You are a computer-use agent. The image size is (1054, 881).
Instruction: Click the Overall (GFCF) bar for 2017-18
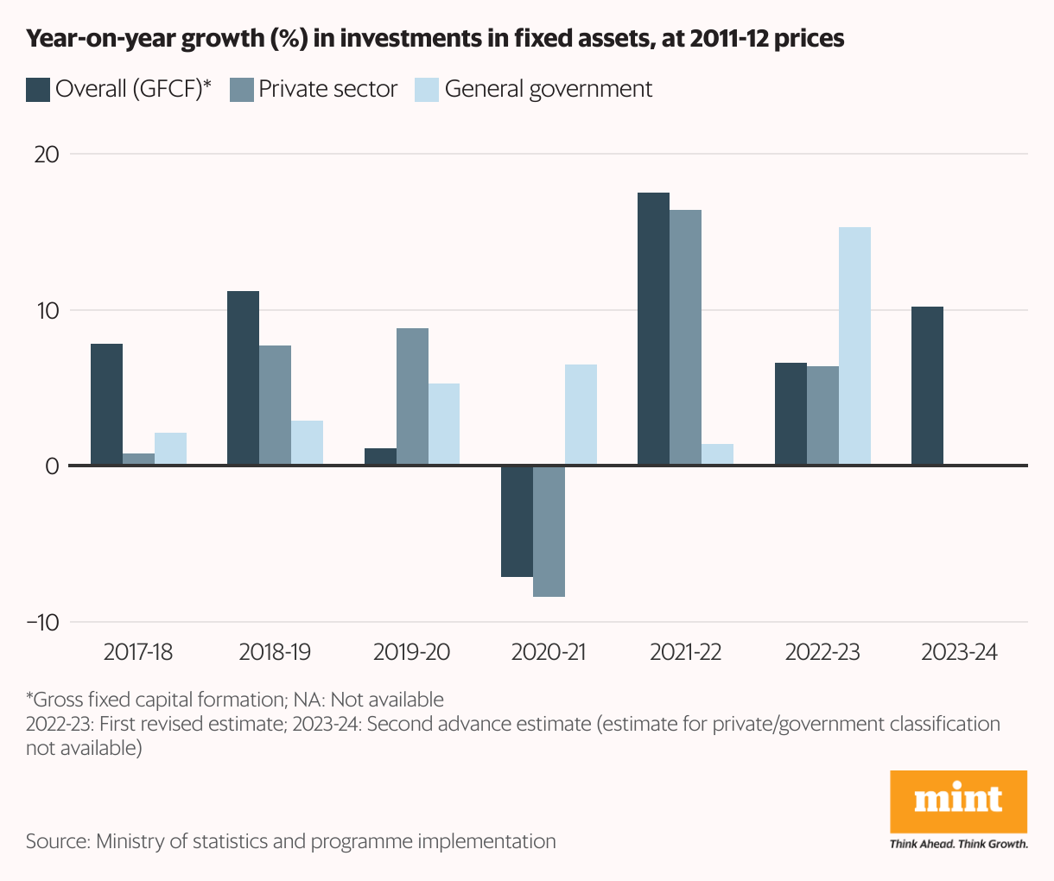tap(106, 404)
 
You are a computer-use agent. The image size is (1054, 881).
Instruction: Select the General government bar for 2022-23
tap(854, 346)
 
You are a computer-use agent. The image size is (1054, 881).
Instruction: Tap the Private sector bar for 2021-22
tap(685, 338)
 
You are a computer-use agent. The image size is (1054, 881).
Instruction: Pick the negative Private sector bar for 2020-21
tap(549, 531)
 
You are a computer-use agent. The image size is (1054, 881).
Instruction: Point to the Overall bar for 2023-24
tap(927, 386)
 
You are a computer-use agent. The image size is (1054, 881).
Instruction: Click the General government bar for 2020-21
tap(581, 415)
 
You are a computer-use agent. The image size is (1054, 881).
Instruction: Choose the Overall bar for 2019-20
tap(380, 457)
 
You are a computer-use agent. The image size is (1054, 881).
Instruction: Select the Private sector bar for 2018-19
tap(275, 405)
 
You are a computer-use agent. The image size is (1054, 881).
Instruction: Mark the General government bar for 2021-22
tap(717, 455)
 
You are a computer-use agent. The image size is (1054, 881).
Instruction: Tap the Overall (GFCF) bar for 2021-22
tap(653, 329)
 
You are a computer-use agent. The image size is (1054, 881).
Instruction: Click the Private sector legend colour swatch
tap(242, 90)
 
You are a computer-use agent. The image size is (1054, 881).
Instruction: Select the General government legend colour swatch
tap(428, 90)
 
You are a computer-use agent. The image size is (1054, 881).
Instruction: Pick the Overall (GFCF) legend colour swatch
tap(38, 90)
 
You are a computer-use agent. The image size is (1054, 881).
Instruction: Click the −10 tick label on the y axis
tap(42, 622)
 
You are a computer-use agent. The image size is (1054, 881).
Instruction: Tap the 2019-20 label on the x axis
tap(411, 651)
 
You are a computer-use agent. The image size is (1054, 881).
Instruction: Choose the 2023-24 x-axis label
tap(959, 651)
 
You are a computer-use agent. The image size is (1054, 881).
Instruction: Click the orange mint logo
tap(958, 801)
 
